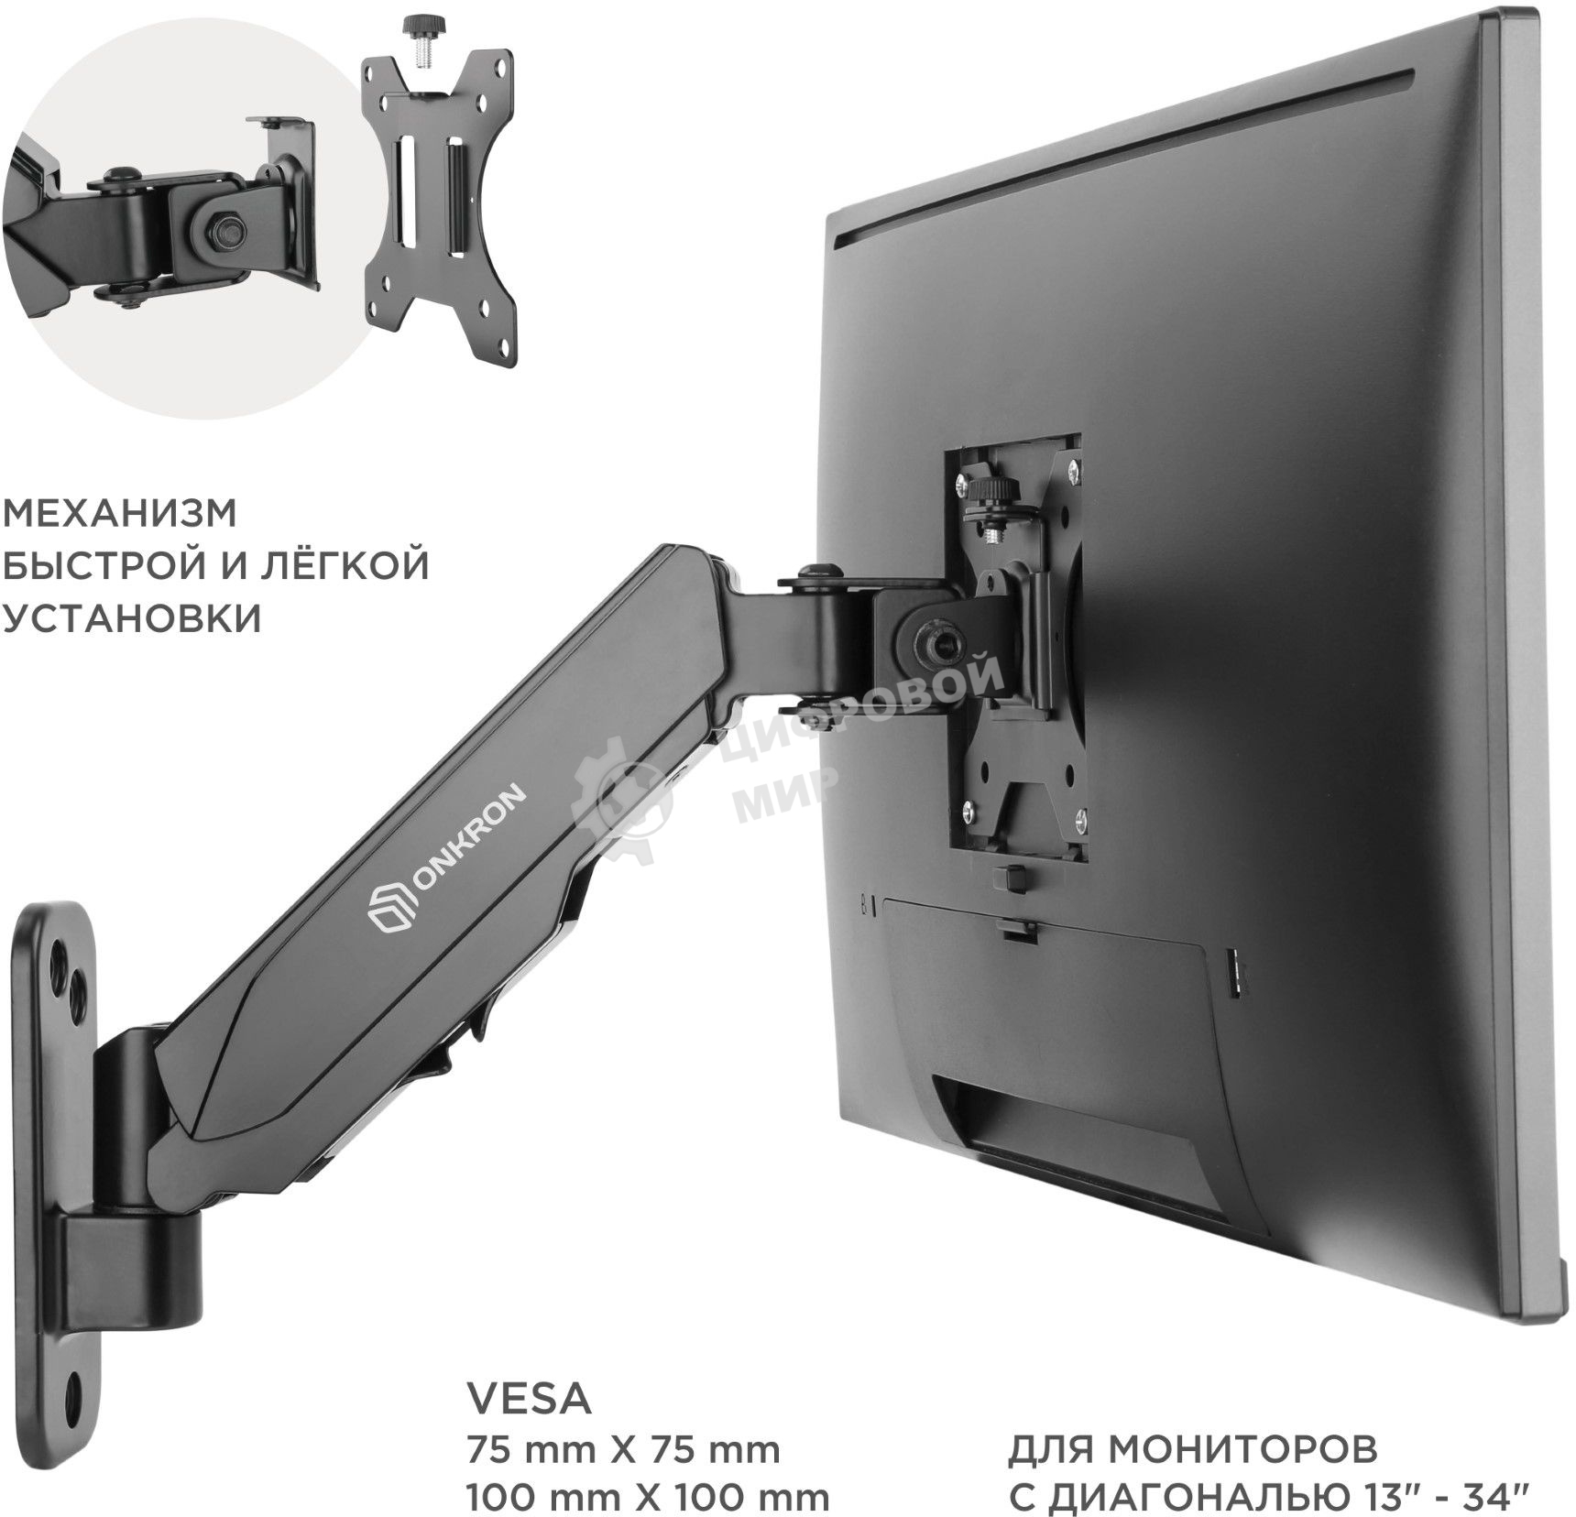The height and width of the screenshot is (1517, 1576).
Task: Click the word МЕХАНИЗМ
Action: click(120, 514)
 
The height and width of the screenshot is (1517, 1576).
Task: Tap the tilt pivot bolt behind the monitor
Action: click(927, 645)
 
